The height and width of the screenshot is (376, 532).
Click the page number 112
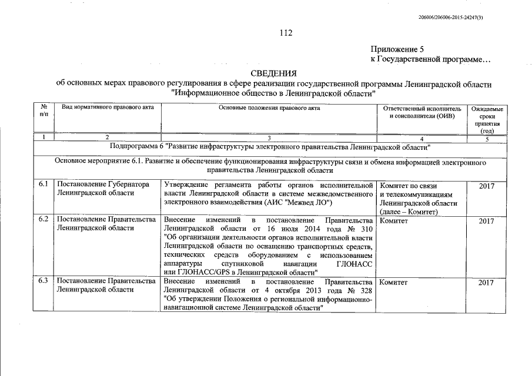[286, 33]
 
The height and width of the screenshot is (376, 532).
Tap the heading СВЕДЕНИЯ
[274, 73]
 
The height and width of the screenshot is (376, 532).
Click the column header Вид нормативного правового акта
[101, 109]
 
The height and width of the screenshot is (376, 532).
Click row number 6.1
[43, 185]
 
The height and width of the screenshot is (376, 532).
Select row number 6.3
[43, 282]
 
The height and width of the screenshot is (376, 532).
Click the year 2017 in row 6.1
[486, 186]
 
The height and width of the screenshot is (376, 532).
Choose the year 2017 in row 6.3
[486, 283]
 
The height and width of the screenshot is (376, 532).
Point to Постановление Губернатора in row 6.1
[102, 185]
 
